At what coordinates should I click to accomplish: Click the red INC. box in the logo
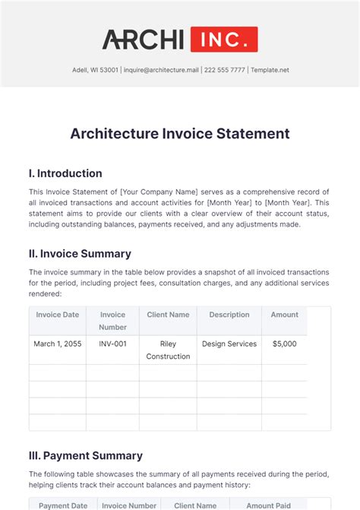tap(224, 39)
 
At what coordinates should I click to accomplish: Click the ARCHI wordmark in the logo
tap(144, 39)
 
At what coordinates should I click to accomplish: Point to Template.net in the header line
tap(270, 70)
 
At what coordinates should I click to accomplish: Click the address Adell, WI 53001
tap(94, 70)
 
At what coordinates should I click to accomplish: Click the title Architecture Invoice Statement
tap(180, 134)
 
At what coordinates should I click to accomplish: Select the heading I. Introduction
tap(65, 173)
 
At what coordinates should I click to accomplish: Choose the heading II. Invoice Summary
tap(80, 253)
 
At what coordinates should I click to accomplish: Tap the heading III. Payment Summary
tap(85, 456)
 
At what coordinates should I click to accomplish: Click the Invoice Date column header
tap(57, 315)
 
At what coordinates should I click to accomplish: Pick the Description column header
tap(229, 315)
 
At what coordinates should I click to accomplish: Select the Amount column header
tap(284, 315)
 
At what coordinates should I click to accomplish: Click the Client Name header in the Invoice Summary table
tap(168, 315)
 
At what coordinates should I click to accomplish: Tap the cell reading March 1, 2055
tap(57, 344)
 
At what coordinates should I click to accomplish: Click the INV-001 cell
tap(112, 344)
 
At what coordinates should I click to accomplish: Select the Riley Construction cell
tap(168, 350)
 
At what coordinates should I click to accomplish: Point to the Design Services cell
tap(229, 344)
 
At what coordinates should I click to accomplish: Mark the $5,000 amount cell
tap(284, 344)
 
